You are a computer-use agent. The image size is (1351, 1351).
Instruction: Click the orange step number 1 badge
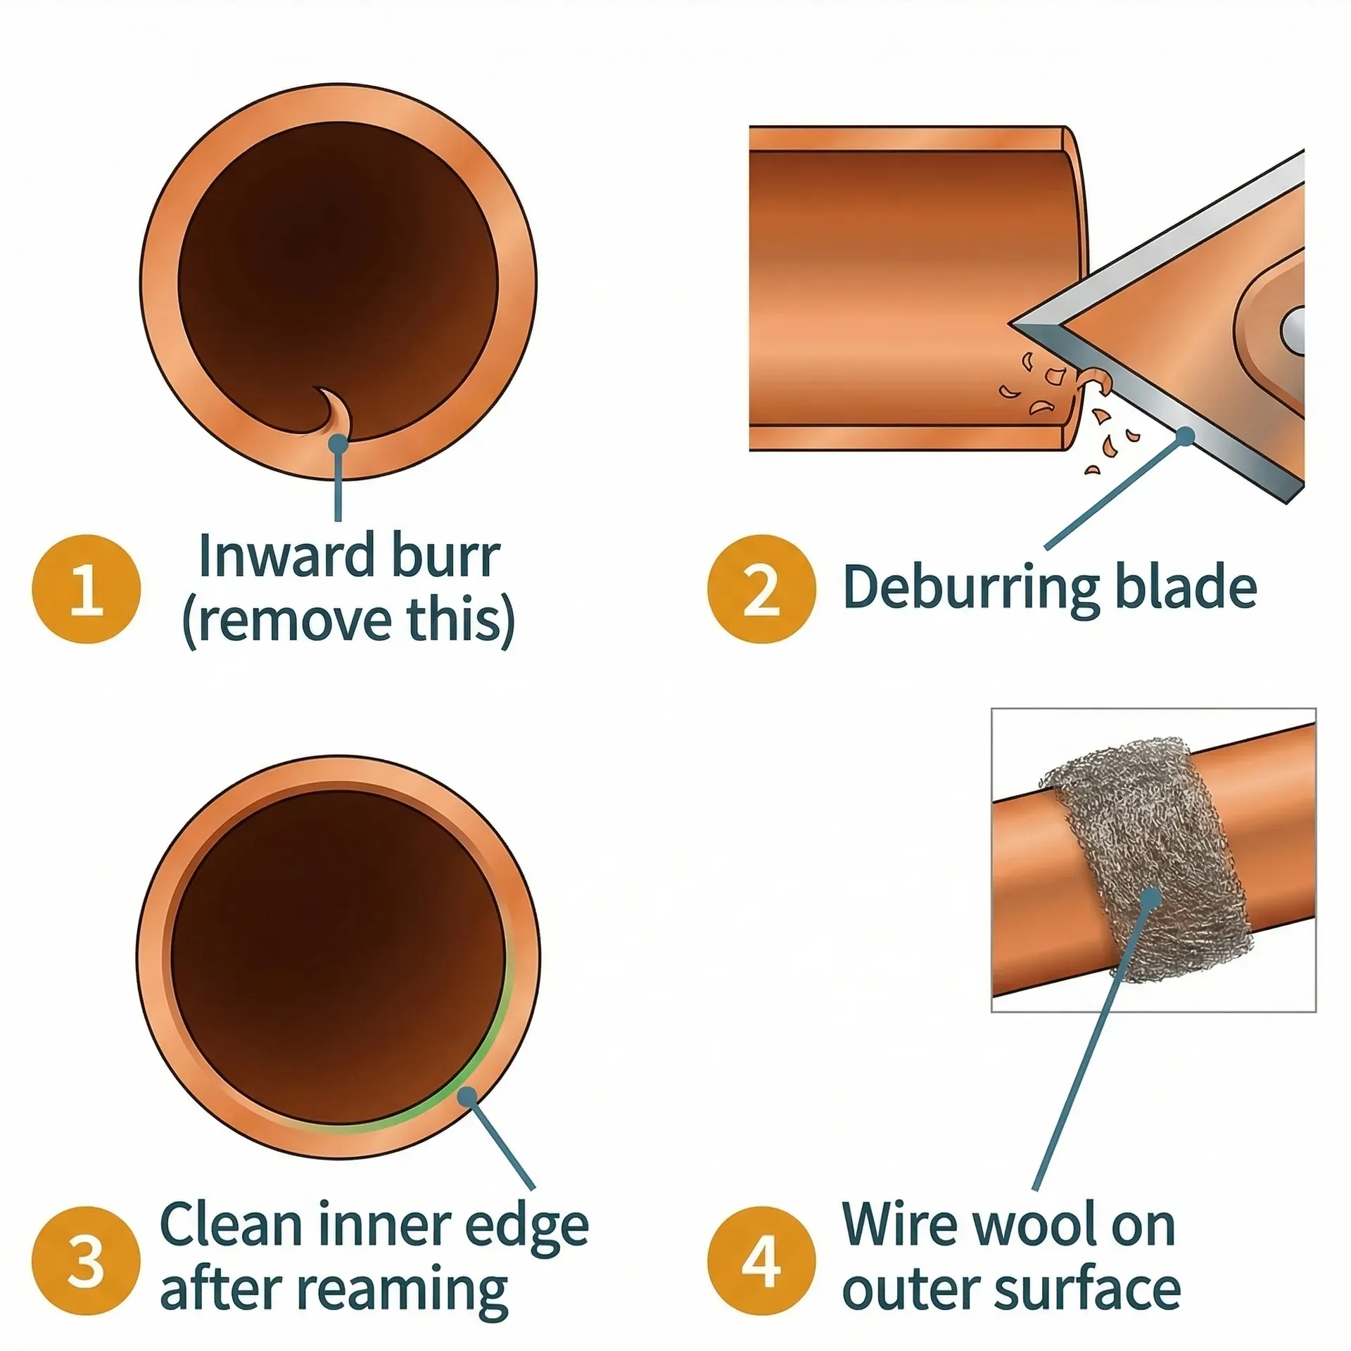[86, 589]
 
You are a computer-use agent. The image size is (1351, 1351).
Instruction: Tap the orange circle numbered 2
[761, 589]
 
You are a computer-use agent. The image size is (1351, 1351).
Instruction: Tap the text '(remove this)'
[348, 621]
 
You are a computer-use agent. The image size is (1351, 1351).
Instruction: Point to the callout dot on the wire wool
[1151, 897]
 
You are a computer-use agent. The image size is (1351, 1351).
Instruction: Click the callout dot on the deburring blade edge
[1186, 436]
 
